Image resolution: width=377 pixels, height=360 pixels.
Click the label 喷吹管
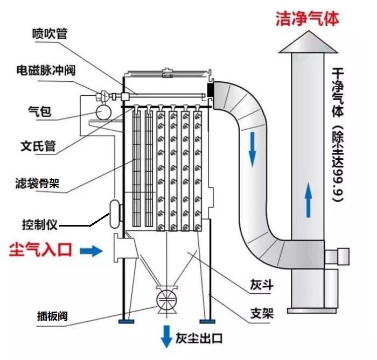[x=50, y=34]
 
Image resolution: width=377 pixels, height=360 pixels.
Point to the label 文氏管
[x=38, y=146]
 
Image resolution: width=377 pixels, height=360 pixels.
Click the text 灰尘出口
[x=199, y=340]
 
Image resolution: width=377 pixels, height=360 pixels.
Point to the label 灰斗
[x=260, y=285]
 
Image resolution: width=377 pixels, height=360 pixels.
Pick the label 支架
[x=261, y=313]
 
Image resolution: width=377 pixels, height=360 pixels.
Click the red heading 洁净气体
[x=308, y=19]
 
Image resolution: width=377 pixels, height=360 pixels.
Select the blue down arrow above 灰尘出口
[x=166, y=337]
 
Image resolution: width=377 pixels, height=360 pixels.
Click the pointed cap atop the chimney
[x=308, y=44]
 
